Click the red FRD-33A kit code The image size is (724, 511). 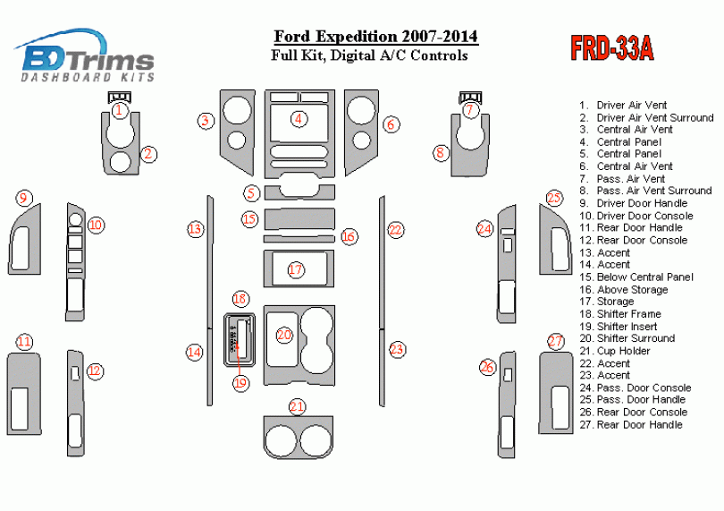[x=612, y=48]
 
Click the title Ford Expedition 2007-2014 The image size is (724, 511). [x=375, y=37]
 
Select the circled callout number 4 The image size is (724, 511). [x=299, y=118]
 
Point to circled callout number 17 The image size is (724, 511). [x=296, y=269]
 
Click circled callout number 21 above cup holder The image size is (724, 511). [x=297, y=407]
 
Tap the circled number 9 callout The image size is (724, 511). [x=24, y=198]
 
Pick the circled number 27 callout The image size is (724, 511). [x=556, y=341]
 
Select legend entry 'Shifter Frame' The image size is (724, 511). [x=628, y=314]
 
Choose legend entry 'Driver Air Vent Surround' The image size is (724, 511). [x=654, y=117]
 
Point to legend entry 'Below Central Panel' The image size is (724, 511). [x=644, y=277]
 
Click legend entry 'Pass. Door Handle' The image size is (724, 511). [x=641, y=399]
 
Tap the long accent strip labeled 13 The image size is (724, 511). [x=211, y=268]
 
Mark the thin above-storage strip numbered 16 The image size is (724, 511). [x=299, y=239]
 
